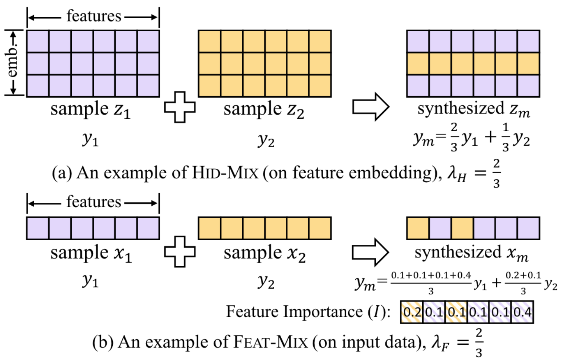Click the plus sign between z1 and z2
[180, 107]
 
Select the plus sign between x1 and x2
[180, 252]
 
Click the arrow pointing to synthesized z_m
[371, 107]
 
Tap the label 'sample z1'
[90, 110]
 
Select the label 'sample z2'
[264, 110]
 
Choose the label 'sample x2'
[265, 253]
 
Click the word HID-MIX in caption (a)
[225, 173]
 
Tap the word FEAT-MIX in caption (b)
[270, 342]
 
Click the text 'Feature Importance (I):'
[308, 312]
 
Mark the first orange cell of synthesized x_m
[418, 228]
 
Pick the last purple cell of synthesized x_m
[528, 228]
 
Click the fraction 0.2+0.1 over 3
[523, 283]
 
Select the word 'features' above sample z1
[94, 16]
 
